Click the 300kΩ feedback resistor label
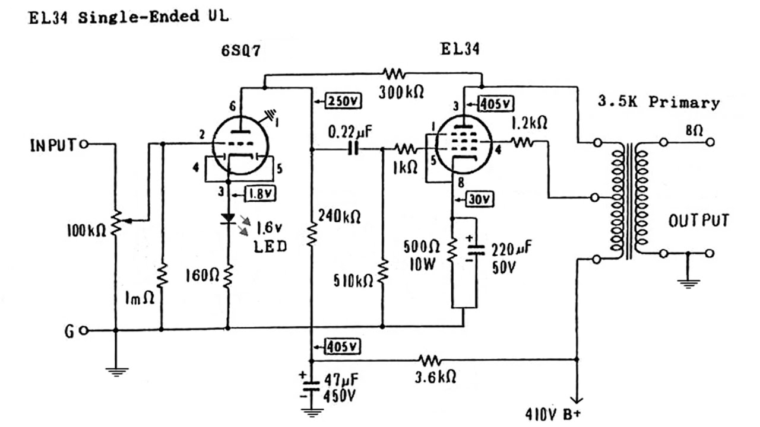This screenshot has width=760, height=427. coord(401,92)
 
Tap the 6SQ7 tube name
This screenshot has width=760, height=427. coord(241,51)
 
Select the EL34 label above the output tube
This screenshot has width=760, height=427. coord(460,49)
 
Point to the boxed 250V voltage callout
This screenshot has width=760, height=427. coord(343,101)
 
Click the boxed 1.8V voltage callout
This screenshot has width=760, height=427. coord(261,193)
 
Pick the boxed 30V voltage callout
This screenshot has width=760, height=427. coord(479,199)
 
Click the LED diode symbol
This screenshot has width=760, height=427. coord(228,219)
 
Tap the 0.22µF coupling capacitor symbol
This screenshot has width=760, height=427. coord(353,149)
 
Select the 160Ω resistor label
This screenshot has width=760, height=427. coord(202,276)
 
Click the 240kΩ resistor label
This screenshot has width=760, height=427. coord(339,216)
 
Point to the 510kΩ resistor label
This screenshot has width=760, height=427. coord(353,281)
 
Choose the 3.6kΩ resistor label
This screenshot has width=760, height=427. coord(435,377)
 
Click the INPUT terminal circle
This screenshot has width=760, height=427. coord(84,145)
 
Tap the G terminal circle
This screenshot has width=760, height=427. coord(84,330)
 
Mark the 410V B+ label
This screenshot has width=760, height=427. coord(553,414)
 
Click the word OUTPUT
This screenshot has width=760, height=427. coord(699,221)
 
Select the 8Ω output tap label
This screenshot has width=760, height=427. coord(694,130)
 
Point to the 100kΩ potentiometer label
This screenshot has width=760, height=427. coord(87,231)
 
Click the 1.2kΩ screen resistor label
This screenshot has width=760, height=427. coord(529,123)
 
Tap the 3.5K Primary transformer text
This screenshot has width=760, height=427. coord(658,102)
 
